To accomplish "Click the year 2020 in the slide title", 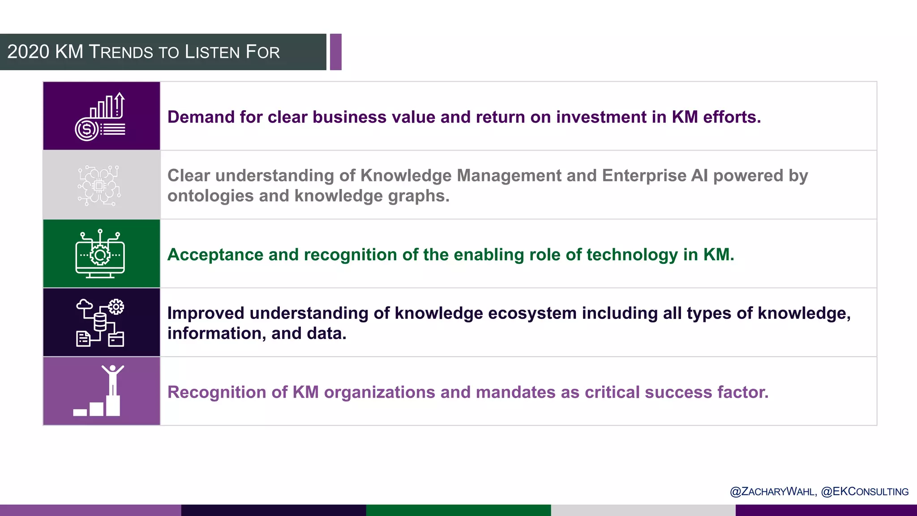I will tap(28, 52).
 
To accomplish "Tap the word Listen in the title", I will tap(213, 52).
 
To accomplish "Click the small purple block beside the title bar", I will tap(336, 52).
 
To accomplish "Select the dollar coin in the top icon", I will tap(86, 129).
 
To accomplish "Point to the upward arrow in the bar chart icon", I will tap(119, 103).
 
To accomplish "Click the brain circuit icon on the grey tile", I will tap(99, 185).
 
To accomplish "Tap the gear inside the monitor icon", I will tap(100, 255).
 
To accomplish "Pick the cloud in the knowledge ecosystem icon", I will tap(84, 305).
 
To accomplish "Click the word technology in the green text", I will tap(632, 254).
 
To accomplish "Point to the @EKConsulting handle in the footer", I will tap(865, 491).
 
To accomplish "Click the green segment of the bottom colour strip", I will tap(458, 510).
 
